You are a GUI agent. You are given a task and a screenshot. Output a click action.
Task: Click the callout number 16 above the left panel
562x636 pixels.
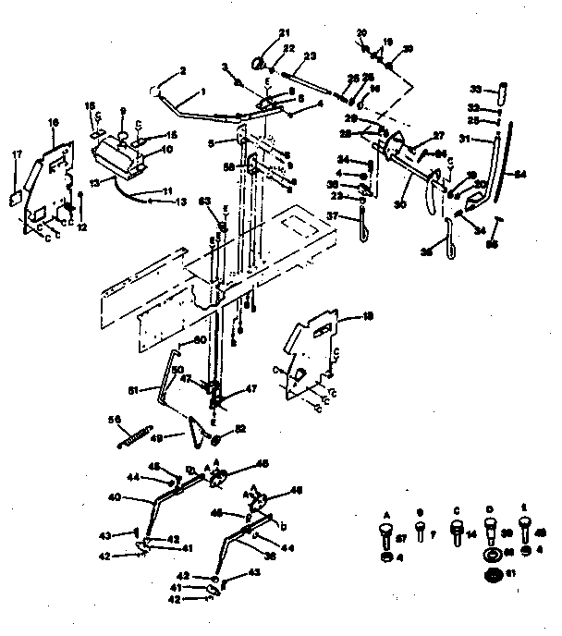(x=53, y=122)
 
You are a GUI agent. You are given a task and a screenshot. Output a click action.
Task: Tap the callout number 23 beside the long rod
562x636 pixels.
(x=310, y=55)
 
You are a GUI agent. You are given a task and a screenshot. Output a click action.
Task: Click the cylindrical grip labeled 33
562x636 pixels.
(x=502, y=92)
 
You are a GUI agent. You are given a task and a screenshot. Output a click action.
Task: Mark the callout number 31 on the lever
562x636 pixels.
(x=466, y=140)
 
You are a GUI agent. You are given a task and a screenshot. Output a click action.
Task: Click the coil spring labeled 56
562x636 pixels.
(x=134, y=434)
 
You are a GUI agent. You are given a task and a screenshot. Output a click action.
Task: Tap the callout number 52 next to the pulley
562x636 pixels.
(x=241, y=429)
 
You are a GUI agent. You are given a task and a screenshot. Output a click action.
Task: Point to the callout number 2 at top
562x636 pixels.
(x=183, y=70)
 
